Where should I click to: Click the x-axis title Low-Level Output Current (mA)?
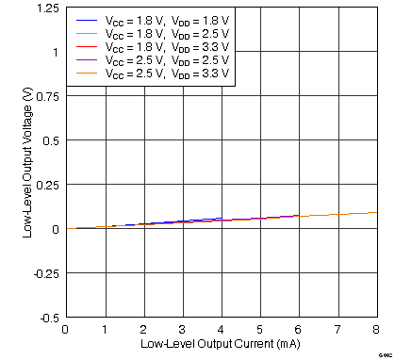pyautogui.click(x=220, y=346)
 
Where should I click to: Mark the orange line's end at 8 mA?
pyautogui.click(x=375, y=212)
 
